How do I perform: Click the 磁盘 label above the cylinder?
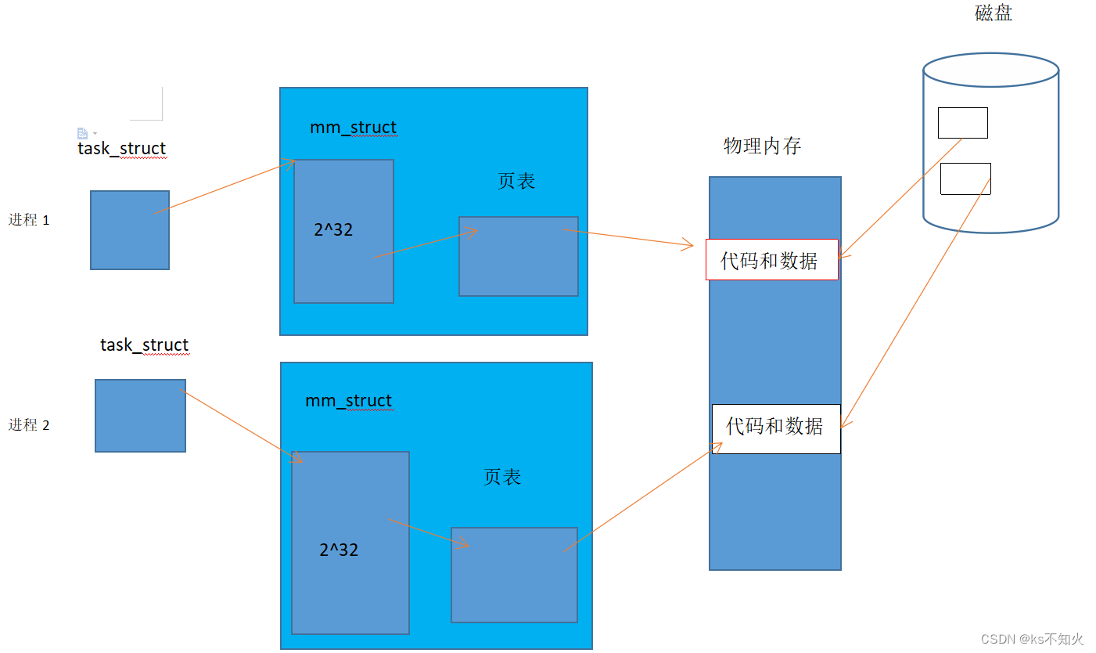pos(994,13)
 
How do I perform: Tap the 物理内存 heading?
pos(762,146)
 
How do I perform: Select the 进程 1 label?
pos(29,220)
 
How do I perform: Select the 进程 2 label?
pos(29,425)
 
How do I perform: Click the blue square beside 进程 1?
pos(130,230)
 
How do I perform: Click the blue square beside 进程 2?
pos(140,416)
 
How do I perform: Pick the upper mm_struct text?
pos(353,127)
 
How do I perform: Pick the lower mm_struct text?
pos(348,400)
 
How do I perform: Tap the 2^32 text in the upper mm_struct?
pos(333,229)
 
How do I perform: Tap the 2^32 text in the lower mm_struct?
pos(339,550)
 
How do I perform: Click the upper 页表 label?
pos(516,181)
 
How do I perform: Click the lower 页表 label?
pos(502,477)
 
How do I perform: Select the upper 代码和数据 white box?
pos(771,260)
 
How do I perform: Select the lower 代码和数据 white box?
pos(775,428)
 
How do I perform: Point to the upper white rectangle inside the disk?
pos(962,123)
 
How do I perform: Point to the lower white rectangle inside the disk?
pos(965,179)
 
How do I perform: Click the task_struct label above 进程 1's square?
pos(121,148)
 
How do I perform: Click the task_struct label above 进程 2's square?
pos(144,345)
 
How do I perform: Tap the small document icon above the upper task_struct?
pos(82,133)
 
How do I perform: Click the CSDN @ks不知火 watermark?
pos(1032,639)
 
